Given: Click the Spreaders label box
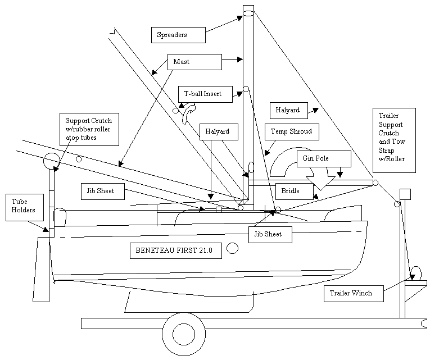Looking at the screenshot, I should click(x=178, y=35).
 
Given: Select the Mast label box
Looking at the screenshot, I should click(x=194, y=62).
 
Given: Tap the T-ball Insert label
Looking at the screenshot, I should click(x=205, y=94).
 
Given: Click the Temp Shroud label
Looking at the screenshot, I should click(x=292, y=132).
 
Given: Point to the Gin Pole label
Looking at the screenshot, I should click(x=324, y=159).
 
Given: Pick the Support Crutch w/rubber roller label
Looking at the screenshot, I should click(x=88, y=129).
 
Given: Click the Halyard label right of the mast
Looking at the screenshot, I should click(x=288, y=111).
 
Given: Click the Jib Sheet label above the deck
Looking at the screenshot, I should click(x=101, y=192).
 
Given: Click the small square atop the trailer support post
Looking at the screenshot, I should click(x=405, y=194).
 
